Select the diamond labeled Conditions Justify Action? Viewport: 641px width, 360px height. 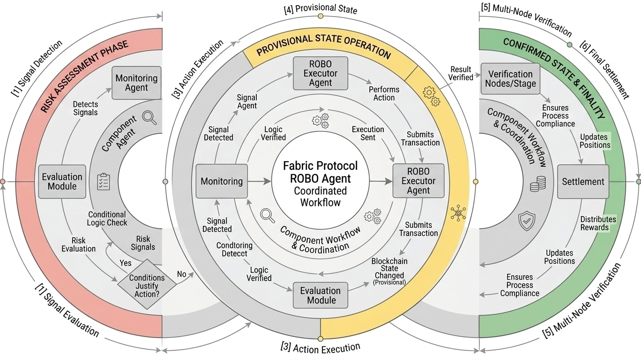147,285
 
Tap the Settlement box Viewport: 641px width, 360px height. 583,181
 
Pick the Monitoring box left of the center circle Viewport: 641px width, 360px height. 222,181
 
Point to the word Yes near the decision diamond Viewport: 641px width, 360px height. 126,263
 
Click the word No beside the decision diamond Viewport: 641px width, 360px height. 182,274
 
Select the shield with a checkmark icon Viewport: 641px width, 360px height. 527,220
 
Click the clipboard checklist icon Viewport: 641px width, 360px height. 103,181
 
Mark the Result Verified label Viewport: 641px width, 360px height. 461,74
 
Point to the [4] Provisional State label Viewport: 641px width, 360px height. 320,9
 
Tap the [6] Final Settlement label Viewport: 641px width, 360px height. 604,68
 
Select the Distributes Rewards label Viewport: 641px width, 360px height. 598,224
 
